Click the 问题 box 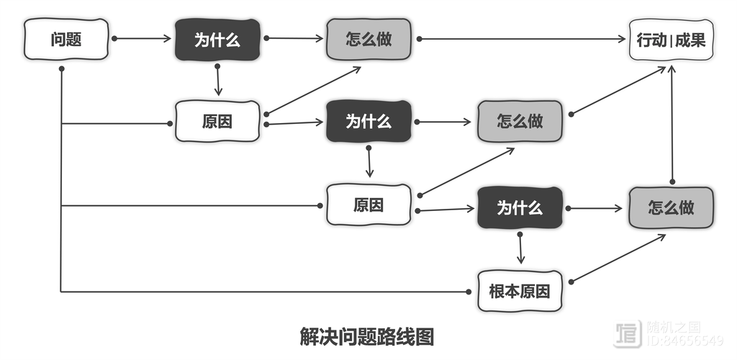66,39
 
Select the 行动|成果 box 672,40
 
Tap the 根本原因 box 520,291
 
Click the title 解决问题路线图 367,336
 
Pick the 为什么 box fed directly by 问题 217,40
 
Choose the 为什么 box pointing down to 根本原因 520,208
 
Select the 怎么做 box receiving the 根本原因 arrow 671,208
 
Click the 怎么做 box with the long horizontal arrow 368,39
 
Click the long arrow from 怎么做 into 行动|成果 522,39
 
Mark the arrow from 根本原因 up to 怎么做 618,258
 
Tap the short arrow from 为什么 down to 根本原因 520,248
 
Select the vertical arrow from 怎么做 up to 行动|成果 672,126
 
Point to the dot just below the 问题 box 62,68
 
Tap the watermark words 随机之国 672,327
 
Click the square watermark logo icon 628,333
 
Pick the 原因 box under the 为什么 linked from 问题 217,122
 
